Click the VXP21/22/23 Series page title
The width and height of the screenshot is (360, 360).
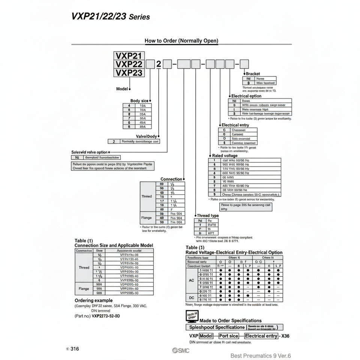click(110, 16)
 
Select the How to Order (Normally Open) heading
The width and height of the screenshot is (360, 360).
click(181, 40)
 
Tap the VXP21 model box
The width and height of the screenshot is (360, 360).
click(129, 55)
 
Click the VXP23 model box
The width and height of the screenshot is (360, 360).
click(129, 72)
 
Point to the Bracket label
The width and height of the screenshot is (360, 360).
click(253, 74)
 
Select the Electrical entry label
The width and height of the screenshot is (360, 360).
click(235, 125)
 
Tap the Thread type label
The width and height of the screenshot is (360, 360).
click(207, 216)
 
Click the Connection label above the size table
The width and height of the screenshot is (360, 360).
click(171, 179)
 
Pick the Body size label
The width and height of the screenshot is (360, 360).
click(139, 101)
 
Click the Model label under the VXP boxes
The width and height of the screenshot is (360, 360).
click(122, 89)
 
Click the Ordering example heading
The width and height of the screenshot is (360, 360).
click(93, 300)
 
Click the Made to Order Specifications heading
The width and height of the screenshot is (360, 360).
click(231, 320)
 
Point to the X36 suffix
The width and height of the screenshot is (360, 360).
click(286, 336)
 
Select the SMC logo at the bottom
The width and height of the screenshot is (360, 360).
click(181, 350)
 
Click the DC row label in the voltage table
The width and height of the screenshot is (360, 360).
click(191, 297)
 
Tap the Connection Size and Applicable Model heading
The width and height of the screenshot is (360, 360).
click(114, 245)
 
